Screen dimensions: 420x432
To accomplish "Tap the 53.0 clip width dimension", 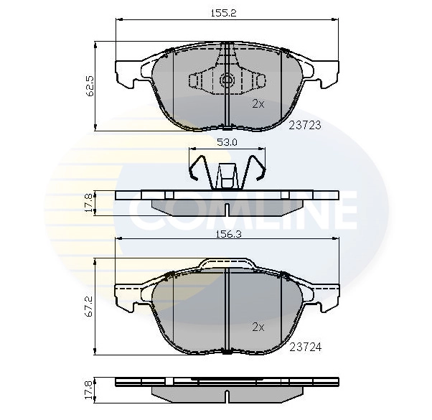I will [227, 142].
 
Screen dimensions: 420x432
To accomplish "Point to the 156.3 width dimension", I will [227, 232].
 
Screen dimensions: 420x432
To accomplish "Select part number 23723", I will [304, 124].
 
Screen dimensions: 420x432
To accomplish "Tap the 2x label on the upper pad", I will [258, 103].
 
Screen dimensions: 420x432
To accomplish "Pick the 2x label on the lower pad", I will [258, 327].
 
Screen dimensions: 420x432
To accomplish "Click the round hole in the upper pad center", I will [227, 80].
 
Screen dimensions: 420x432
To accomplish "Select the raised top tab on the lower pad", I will [227, 263].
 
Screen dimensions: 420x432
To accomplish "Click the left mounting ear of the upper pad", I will [128, 73].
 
